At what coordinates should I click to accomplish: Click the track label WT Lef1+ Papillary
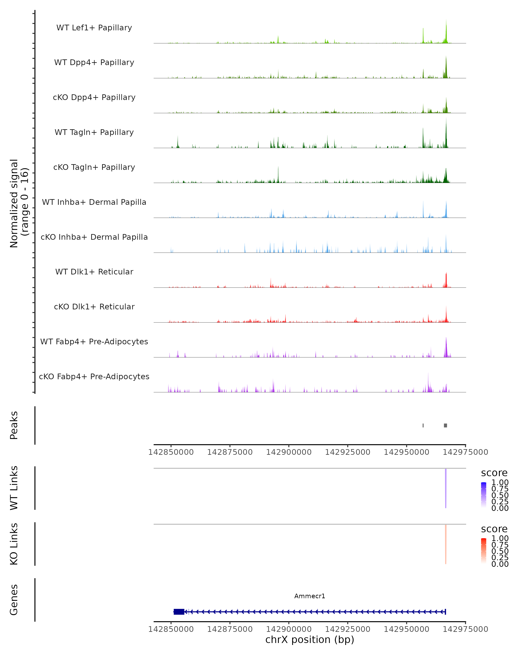[x=94, y=28]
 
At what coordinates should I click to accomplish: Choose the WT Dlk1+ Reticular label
[x=94, y=272]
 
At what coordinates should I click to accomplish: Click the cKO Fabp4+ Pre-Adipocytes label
[x=94, y=376]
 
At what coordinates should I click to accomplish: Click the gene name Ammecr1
[x=310, y=596]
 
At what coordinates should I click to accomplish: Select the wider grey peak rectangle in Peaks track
[x=445, y=425]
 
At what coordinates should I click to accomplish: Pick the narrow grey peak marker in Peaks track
[x=423, y=425]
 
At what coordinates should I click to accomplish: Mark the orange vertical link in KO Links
[x=446, y=544]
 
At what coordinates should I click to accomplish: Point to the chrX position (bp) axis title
[x=310, y=639]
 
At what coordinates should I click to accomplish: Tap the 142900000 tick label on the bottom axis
[x=289, y=629]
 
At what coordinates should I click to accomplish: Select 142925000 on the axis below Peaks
[x=348, y=452]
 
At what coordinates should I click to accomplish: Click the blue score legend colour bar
[x=484, y=495]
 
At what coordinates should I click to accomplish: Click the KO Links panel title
[x=14, y=544]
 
